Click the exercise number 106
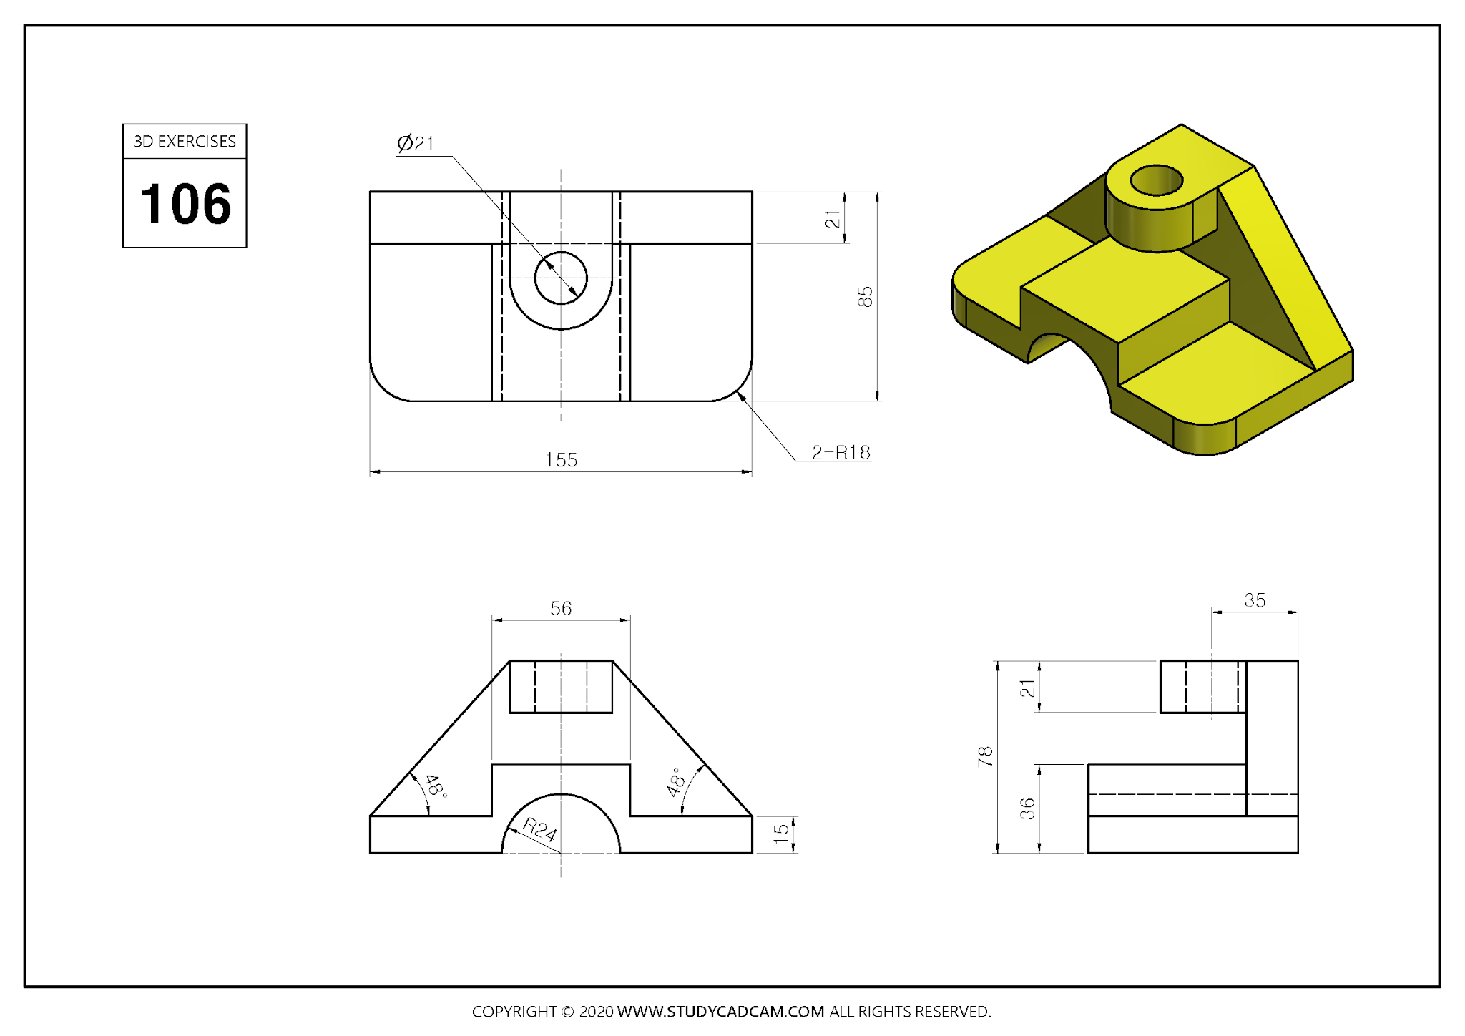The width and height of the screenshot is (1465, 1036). point(185,204)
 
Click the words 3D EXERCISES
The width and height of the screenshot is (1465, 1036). point(185,142)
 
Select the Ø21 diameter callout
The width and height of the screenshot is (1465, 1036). point(416,143)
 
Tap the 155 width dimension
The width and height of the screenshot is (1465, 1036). point(561,459)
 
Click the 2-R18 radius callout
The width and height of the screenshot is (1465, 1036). point(841,452)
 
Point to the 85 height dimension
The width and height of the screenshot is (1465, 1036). point(865,296)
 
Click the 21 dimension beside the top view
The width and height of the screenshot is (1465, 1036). point(832,219)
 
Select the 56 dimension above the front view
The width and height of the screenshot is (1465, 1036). point(561,608)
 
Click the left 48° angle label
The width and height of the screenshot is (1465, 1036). point(435,786)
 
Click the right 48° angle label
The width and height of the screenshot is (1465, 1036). point(676,782)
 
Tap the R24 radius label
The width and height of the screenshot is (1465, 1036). point(539,829)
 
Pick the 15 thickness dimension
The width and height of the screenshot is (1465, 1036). point(780,834)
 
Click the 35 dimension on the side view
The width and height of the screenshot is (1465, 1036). point(1255,600)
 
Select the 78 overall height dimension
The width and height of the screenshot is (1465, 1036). point(985,756)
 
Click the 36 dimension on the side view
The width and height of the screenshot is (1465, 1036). point(1027,808)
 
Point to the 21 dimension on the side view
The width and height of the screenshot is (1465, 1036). point(1027,688)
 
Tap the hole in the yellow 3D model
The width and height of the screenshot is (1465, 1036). point(1156,180)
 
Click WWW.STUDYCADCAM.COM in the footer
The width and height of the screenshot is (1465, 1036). point(720,1012)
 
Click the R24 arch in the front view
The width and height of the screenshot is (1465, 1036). point(561,794)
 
